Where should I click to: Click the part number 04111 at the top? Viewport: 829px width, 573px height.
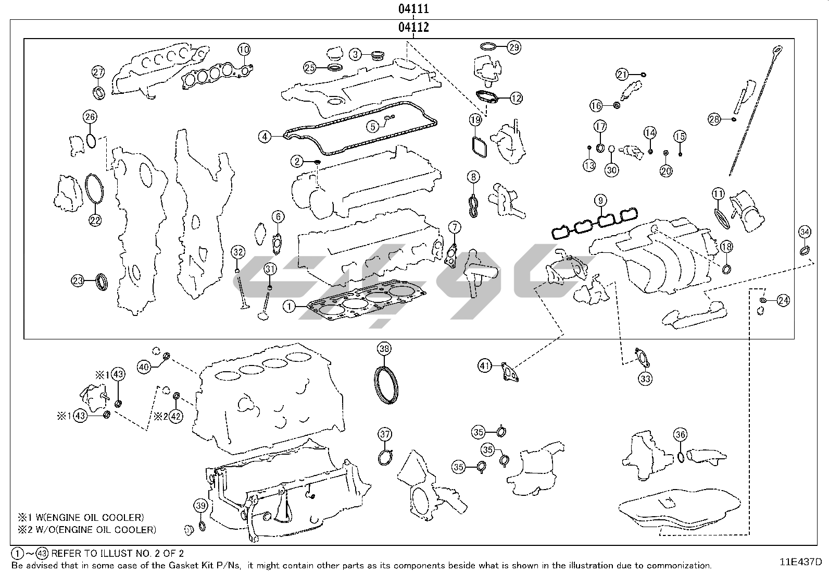click(414, 9)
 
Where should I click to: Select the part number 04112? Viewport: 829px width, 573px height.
click(414, 27)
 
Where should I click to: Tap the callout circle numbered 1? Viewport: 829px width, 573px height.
click(289, 306)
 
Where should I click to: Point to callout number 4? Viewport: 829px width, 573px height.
click(265, 137)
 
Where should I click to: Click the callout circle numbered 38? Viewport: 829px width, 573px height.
click(384, 349)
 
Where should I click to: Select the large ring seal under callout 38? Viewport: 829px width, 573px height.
click(387, 385)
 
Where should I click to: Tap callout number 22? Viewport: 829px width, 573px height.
click(94, 221)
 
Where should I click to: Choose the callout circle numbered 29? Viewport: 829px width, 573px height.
click(514, 47)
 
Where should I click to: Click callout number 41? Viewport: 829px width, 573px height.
click(485, 366)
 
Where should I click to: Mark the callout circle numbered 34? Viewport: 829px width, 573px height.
click(805, 231)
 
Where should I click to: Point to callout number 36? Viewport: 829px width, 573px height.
click(680, 434)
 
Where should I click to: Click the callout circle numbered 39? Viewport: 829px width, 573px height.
click(201, 505)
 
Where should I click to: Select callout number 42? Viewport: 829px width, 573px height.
click(176, 416)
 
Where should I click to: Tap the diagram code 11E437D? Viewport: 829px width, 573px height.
click(800, 562)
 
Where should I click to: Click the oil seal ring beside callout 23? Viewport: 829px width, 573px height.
click(103, 282)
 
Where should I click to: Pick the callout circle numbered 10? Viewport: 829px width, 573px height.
click(244, 50)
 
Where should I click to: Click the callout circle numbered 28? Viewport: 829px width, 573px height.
click(714, 119)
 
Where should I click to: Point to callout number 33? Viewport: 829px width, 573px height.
click(645, 379)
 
